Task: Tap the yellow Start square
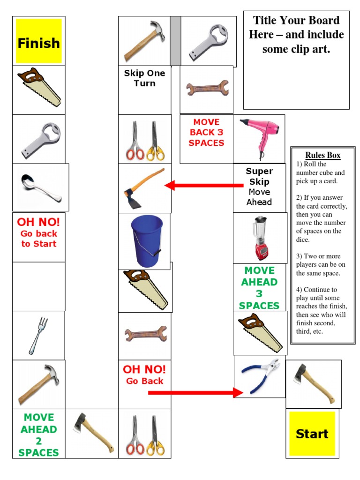point(312,434)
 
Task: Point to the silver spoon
point(41,187)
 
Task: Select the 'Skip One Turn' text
point(144,78)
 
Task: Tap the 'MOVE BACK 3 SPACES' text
point(206,133)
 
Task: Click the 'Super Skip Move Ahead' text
point(259,187)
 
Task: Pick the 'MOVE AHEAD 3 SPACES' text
point(259,288)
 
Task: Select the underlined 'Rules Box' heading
point(323,155)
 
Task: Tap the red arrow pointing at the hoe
point(204,186)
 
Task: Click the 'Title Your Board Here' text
point(296,34)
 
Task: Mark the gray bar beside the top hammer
point(175,41)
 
